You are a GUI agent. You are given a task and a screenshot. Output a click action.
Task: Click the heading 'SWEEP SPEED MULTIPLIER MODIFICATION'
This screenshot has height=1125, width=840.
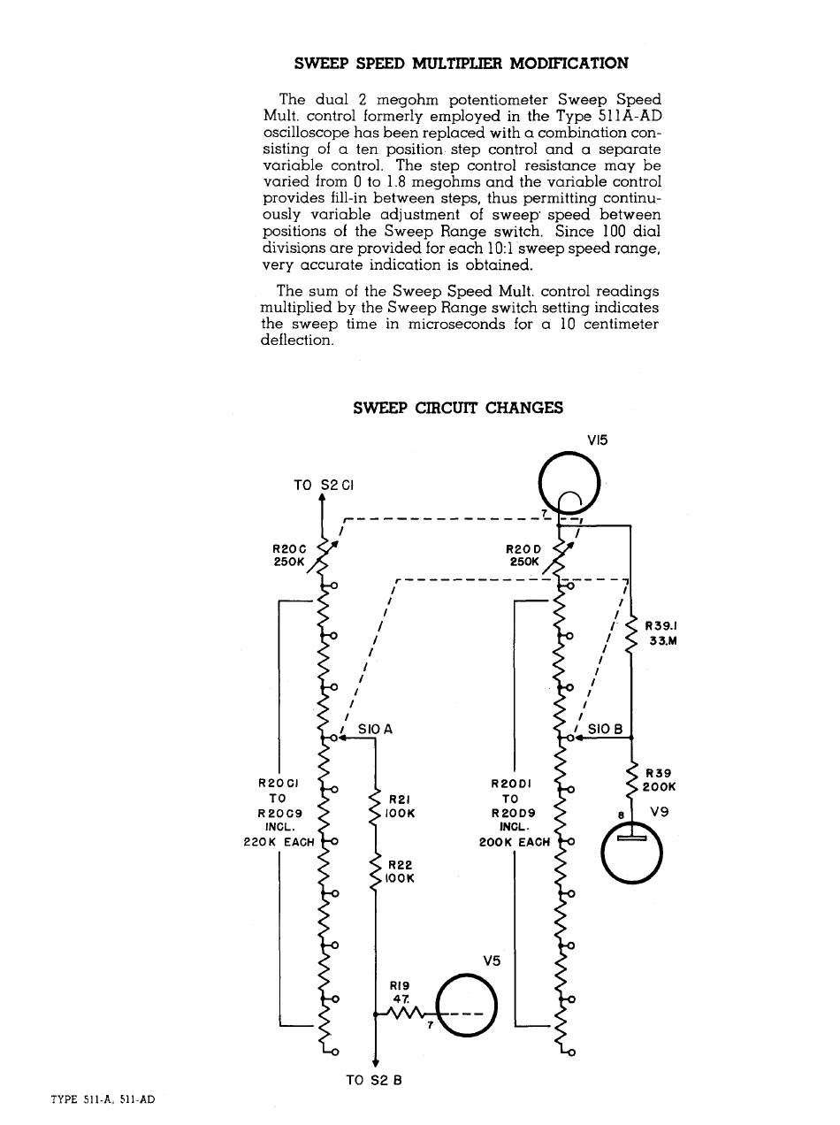pyautogui.click(x=461, y=64)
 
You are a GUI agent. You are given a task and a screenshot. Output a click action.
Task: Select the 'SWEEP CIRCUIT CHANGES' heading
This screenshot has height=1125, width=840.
pyautogui.click(x=457, y=408)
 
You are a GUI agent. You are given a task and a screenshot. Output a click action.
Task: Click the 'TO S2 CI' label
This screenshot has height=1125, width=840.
pyautogui.click(x=323, y=485)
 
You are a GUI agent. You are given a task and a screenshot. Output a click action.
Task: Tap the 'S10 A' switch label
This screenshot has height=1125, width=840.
pyautogui.click(x=375, y=730)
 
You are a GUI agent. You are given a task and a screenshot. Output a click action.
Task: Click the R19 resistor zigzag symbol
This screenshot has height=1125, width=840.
pyautogui.click(x=405, y=1014)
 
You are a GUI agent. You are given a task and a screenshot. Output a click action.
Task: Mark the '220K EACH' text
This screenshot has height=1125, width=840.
pyautogui.click(x=279, y=842)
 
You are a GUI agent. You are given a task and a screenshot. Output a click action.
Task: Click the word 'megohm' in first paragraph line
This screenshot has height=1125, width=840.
pyautogui.click(x=384, y=100)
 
